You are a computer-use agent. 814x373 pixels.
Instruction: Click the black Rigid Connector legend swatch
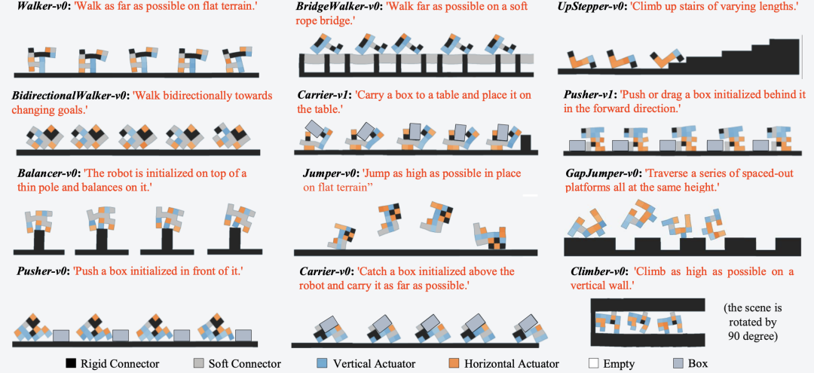pos(71,364)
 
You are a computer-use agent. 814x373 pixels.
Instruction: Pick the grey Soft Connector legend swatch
pos(198,364)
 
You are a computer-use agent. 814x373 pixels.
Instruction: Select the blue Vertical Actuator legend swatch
pos(321,364)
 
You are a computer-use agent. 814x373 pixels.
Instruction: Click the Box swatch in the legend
pos(678,364)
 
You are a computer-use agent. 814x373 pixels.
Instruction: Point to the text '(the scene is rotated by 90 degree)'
pos(752,322)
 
